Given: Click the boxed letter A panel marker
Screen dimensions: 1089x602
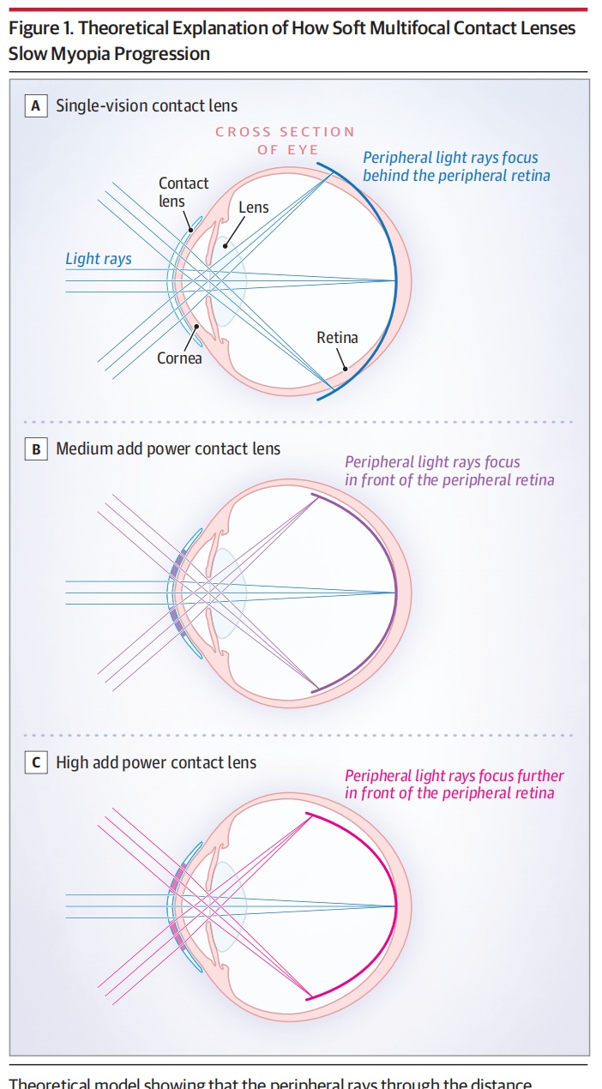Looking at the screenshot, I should click(36, 106).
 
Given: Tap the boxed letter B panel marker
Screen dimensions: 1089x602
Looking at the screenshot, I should click(36, 448).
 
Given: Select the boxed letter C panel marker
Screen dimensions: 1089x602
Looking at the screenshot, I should click(36, 762).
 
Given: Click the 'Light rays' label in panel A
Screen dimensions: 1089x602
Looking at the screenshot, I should click(99, 258).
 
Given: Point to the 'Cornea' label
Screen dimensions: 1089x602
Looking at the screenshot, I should click(179, 358).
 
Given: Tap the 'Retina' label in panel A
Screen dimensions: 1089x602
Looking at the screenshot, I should click(337, 337).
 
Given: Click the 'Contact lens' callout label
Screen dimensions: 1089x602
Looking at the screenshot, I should click(184, 191).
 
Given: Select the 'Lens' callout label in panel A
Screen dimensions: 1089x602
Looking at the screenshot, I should click(254, 207).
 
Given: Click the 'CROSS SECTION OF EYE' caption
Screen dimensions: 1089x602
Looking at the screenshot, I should click(286, 141).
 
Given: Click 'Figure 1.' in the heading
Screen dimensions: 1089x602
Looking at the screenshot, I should click(39, 27).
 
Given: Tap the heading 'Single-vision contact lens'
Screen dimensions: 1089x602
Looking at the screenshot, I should click(147, 106).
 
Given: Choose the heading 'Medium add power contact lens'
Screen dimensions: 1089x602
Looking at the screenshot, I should click(168, 448).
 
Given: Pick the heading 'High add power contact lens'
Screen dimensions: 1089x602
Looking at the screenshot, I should click(156, 762).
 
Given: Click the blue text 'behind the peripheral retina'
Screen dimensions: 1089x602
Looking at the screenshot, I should click(456, 175).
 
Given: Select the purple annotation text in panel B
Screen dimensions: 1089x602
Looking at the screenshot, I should click(449, 471).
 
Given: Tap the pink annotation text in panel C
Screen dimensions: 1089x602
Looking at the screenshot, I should click(455, 785).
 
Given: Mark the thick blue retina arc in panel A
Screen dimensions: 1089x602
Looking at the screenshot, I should click(395, 279).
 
